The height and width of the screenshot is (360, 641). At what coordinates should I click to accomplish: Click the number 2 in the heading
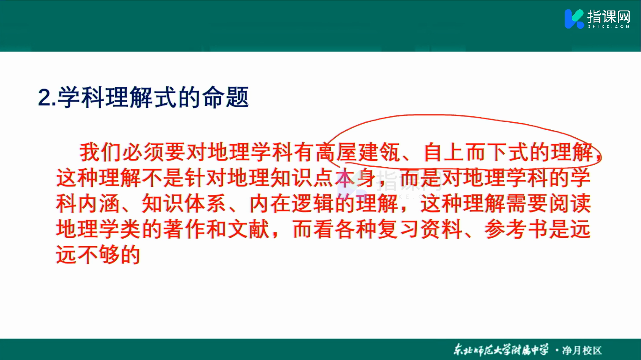pyautogui.click(x=44, y=97)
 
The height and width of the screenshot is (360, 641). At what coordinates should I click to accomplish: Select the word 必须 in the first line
pyautogui.click(x=143, y=152)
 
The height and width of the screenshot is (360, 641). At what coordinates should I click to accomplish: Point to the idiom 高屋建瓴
pyautogui.click(x=358, y=152)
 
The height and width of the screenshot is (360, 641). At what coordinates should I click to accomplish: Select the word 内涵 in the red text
pyautogui.click(x=99, y=204)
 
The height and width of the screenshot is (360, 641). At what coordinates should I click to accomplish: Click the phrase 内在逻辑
pyautogui.click(x=292, y=204)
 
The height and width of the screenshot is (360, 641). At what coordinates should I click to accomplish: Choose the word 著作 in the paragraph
pyautogui.click(x=185, y=229)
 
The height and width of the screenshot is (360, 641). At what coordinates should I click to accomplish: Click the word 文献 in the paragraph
pyautogui.click(x=249, y=229)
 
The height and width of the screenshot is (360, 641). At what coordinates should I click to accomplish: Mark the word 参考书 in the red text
pyautogui.click(x=516, y=229)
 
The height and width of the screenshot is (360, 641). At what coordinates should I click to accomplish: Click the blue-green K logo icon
pyautogui.click(x=574, y=19)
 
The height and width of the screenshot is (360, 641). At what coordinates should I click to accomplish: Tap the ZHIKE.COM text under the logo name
pyautogui.click(x=609, y=26)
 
